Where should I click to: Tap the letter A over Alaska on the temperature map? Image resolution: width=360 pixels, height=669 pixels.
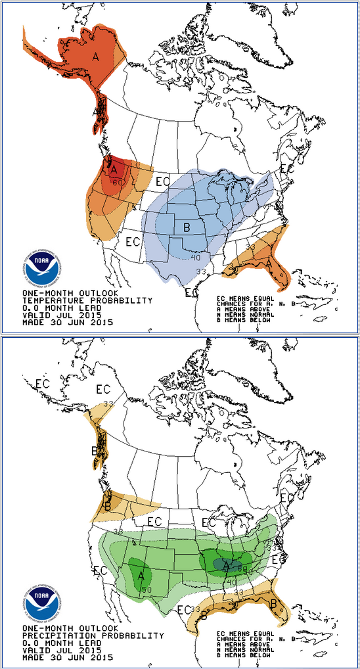tap(95, 57)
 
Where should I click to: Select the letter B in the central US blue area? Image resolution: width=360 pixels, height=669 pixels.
tap(187, 227)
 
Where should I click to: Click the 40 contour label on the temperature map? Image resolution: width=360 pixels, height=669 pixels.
tap(195, 257)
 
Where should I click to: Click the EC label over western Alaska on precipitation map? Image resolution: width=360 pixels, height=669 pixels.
tap(43, 383)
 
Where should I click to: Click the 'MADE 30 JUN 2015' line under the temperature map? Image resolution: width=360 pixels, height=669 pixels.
tap(68, 322)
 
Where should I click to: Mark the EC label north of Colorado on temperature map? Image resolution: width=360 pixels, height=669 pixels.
tap(162, 179)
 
